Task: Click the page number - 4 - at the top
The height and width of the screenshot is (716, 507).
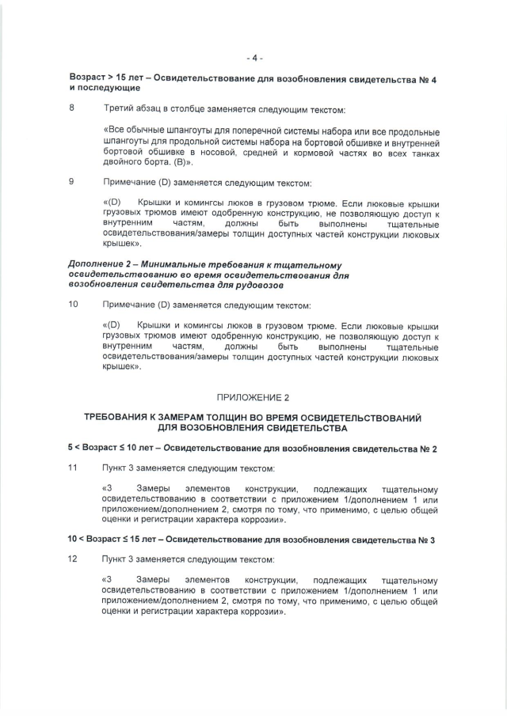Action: (253, 58)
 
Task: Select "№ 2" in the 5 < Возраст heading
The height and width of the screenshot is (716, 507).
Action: (427, 449)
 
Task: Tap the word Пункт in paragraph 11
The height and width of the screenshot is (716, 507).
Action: (117, 468)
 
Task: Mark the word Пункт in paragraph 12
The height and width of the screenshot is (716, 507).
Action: (117, 559)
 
